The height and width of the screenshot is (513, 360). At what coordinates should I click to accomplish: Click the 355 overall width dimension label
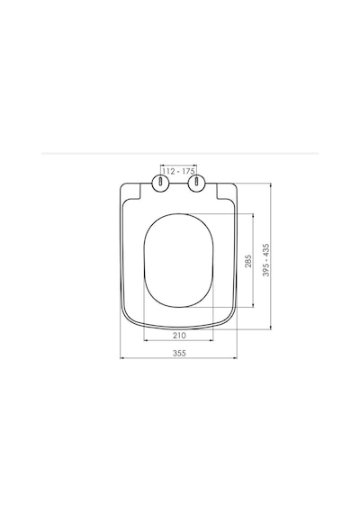click(x=179, y=353)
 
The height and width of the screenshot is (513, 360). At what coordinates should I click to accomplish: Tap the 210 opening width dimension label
click(x=179, y=336)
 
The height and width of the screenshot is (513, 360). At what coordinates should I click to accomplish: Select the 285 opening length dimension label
click(x=248, y=261)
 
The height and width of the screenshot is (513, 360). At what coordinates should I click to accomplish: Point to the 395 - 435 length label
click(x=266, y=260)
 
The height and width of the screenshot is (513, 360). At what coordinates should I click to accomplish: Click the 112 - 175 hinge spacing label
click(x=179, y=171)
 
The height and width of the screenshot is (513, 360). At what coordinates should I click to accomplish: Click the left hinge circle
click(x=161, y=182)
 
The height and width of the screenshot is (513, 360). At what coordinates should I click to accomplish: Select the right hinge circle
click(x=196, y=182)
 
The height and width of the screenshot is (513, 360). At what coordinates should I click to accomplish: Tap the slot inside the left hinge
click(x=161, y=181)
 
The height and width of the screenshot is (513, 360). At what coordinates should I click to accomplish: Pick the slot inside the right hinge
click(x=196, y=181)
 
